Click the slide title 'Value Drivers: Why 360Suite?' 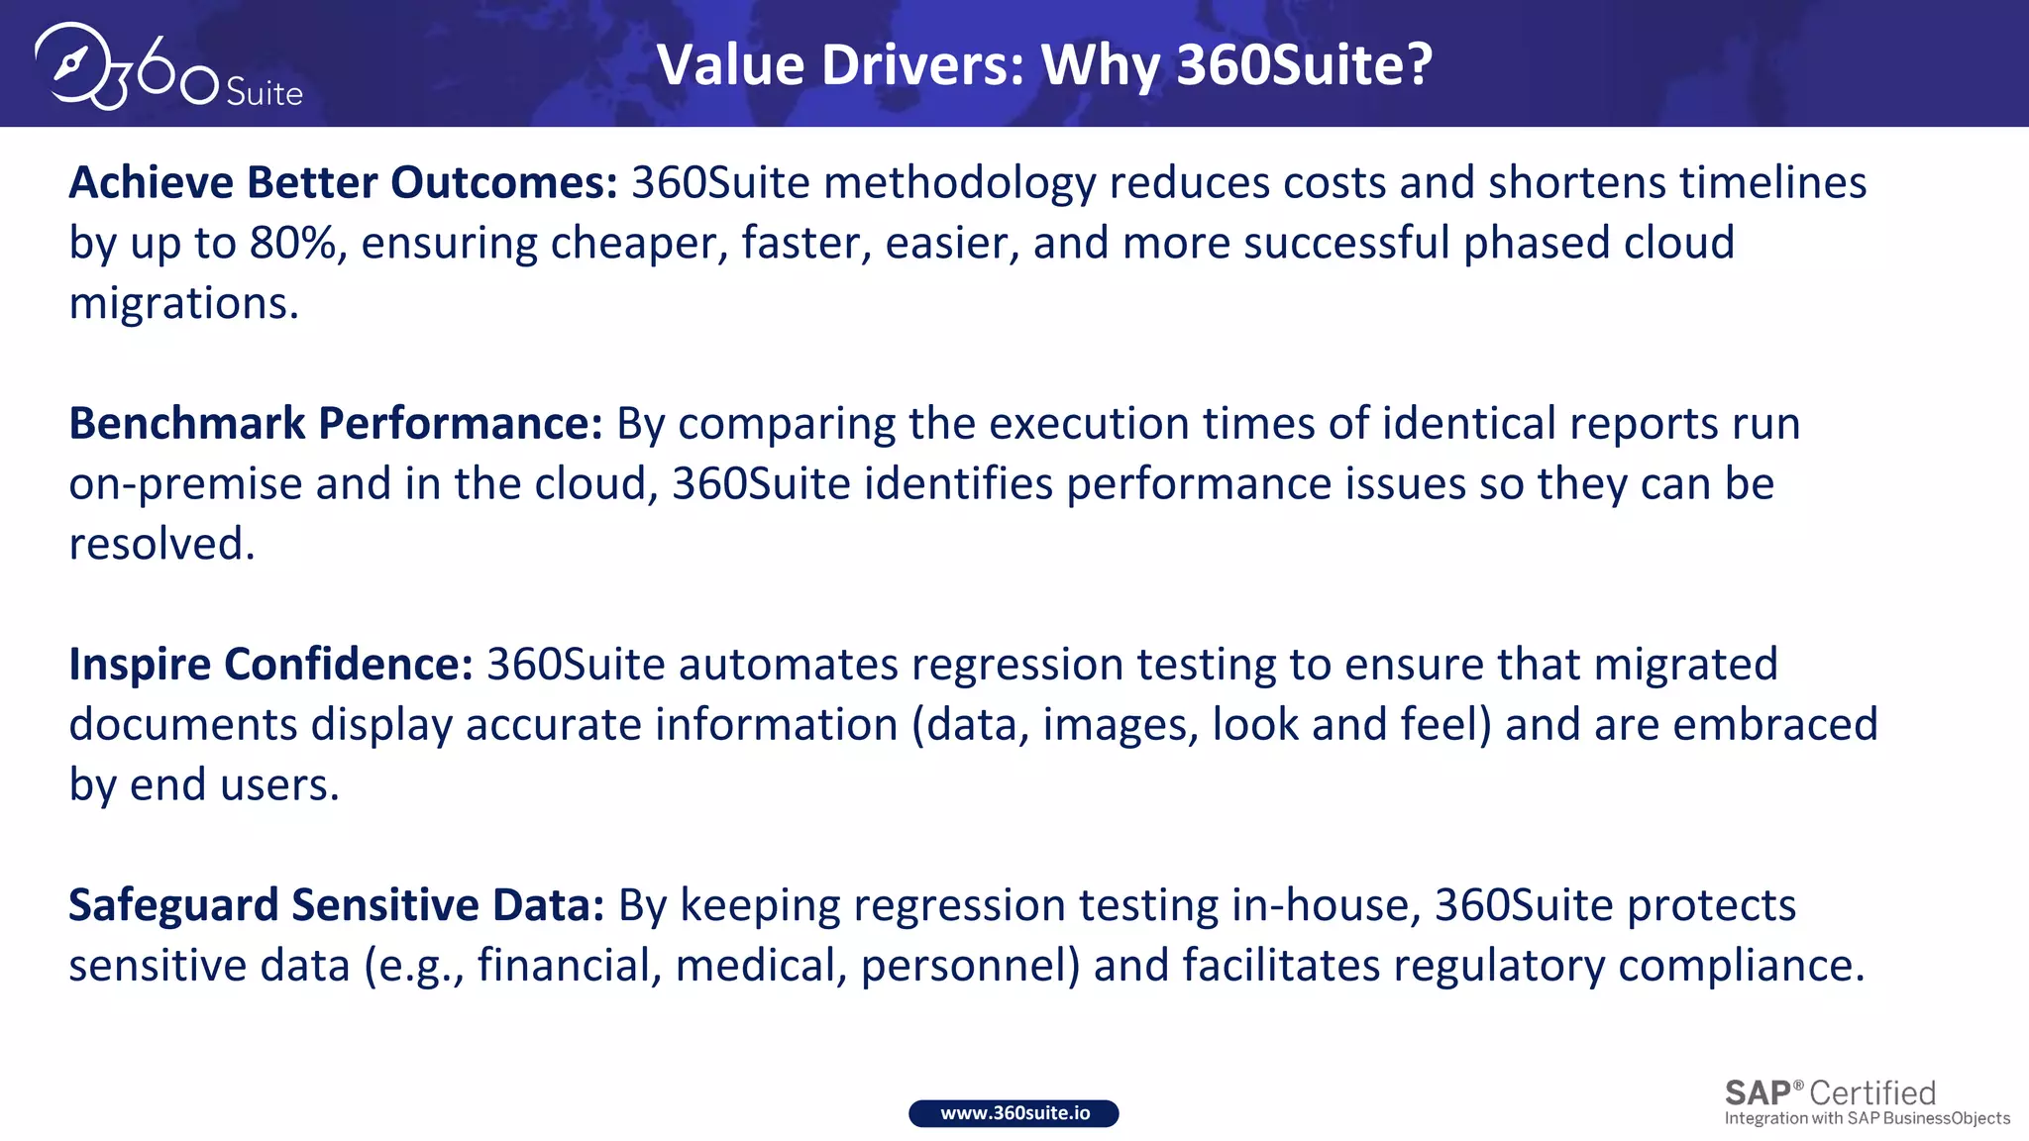(1044, 65)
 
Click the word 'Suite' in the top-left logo (264, 93)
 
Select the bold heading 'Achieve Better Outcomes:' (343, 183)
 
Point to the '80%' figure (292, 244)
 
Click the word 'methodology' (959, 183)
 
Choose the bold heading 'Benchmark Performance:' (335, 424)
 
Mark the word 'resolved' (158, 545)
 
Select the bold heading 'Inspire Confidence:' (270, 665)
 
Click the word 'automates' (788, 665)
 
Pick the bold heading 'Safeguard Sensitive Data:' (336, 905)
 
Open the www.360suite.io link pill (1014, 1113)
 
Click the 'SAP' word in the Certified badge (1758, 1093)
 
